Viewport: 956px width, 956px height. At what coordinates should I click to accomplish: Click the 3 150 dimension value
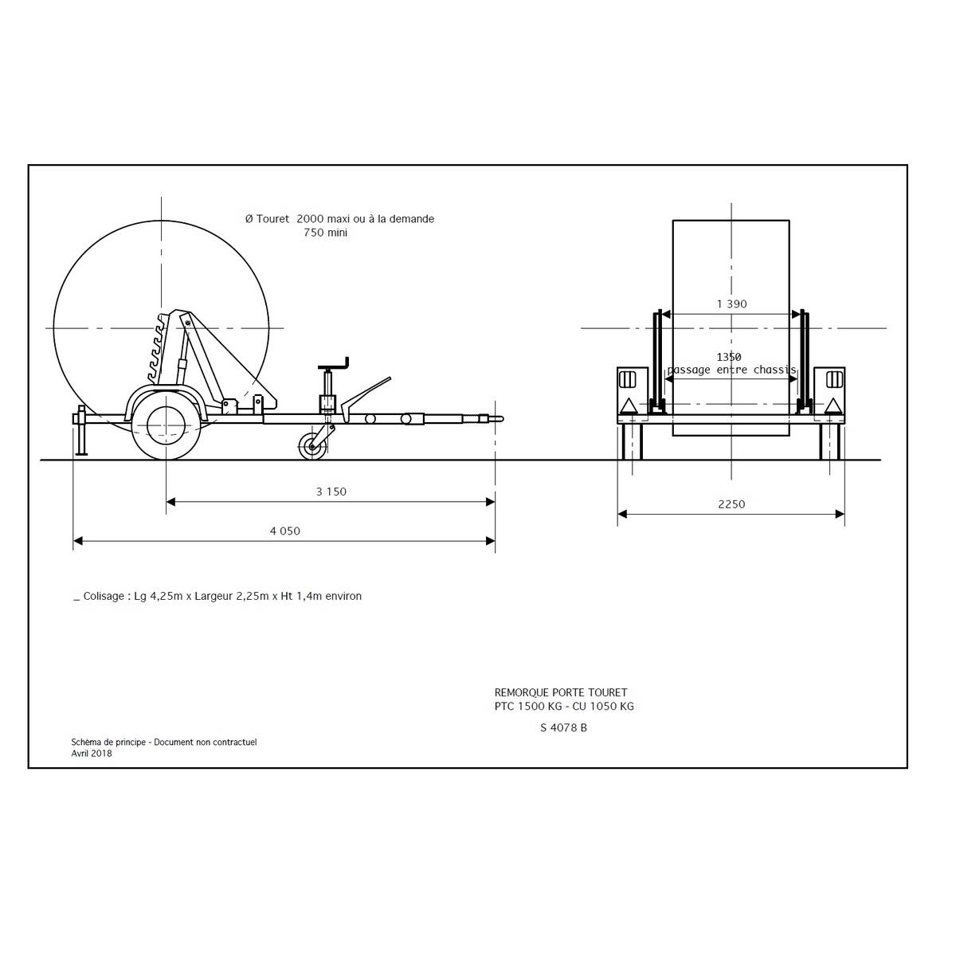[x=331, y=492]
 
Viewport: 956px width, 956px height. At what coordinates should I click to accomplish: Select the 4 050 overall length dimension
[x=284, y=531]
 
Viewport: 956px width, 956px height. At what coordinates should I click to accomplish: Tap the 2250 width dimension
[x=731, y=504]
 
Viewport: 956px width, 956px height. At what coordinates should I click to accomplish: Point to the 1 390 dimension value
[x=732, y=304]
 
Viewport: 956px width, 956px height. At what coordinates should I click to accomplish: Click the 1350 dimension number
[x=729, y=357]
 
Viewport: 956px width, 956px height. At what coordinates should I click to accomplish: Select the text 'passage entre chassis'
[x=731, y=370]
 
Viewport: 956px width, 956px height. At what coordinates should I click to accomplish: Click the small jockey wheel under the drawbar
[x=312, y=446]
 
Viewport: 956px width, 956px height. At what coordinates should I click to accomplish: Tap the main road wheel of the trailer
[x=167, y=425]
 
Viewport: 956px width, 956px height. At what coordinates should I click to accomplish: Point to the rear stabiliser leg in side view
[x=81, y=430]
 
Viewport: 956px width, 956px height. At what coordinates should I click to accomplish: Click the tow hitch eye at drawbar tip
[x=498, y=419]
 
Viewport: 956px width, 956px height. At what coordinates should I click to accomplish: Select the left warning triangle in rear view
[x=628, y=406]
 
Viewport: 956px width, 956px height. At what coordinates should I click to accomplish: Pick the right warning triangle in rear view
[x=833, y=406]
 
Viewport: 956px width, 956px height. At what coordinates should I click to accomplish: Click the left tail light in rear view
[x=628, y=380]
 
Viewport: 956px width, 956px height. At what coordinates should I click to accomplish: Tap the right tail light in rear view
[x=834, y=380]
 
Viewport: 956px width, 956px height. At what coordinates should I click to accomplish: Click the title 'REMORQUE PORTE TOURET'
[x=561, y=692]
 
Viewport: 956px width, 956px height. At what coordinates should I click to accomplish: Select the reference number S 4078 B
[x=563, y=728]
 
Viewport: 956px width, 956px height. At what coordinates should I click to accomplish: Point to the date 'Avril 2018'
[x=92, y=753]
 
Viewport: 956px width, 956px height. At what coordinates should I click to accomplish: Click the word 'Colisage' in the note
[x=104, y=597]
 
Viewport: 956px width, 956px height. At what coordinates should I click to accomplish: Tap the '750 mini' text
[x=326, y=232]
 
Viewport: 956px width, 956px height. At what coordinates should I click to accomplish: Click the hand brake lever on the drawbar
[x=366, y=395]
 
